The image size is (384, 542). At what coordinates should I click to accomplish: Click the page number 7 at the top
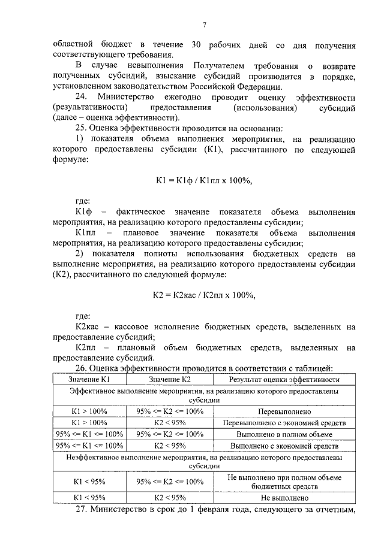204,25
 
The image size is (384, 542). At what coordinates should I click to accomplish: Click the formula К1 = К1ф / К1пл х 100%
204,180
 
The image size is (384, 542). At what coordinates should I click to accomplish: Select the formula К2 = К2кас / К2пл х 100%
204,295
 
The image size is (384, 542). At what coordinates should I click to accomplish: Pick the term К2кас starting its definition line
90,326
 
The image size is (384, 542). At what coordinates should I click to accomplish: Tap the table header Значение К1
88,379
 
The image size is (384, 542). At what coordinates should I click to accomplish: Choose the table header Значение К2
170,379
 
